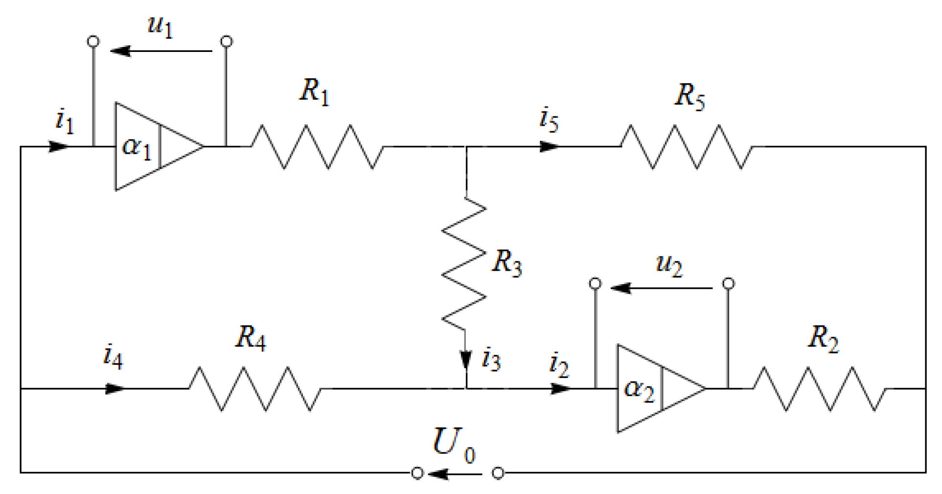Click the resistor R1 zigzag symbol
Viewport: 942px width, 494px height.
(x=317, y=146)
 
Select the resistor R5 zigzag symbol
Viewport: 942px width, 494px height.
(x=686, y=146)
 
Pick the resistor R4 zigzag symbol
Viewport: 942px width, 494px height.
(x=255, y=389)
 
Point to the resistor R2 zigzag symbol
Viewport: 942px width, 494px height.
(x=820, y=389)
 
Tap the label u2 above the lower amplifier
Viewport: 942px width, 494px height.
(x=668, y=265)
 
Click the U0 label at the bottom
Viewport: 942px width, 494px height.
(x=453, y=444)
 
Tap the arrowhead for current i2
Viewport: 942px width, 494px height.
(x=561, y=389)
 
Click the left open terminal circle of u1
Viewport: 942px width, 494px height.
(x=93, y=42)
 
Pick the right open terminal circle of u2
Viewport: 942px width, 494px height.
(x=729, y=283)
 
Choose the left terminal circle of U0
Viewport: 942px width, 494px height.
(x=417, y=473)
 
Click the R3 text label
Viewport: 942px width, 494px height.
(x=507, y=263)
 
